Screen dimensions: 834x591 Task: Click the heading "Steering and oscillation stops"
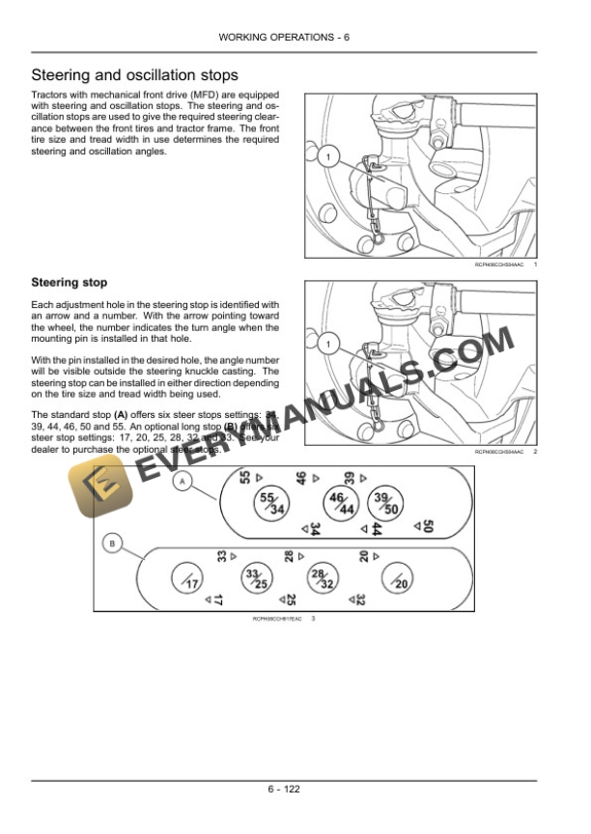[x=135, y=75]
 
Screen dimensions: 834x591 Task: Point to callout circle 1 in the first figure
[x=326, y=156]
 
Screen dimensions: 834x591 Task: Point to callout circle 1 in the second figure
[x=326, y=344]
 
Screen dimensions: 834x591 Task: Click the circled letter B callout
[x=113, y=545]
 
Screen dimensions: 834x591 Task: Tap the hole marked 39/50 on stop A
[x=385, y=502]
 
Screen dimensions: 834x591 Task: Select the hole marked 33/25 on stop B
[x=256, y=580]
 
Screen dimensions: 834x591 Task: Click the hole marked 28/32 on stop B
[x=323, y=580]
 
